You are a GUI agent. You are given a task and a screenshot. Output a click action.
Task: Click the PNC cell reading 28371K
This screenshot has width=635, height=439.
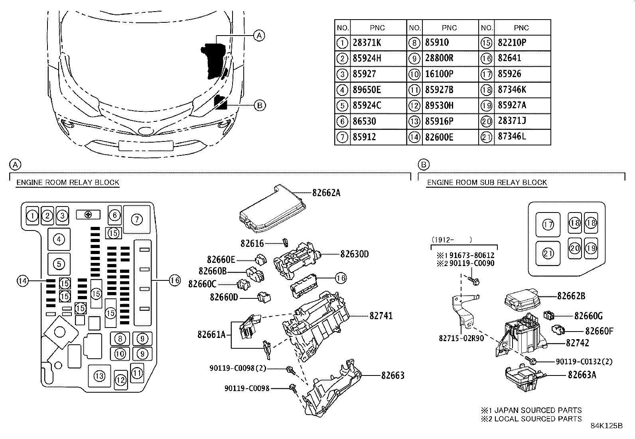click(367, 43)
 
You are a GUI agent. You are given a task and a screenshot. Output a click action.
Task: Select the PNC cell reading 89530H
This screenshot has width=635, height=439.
click(439, 105)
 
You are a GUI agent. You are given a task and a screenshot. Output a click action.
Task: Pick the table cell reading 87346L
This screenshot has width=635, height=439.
click(512, 137)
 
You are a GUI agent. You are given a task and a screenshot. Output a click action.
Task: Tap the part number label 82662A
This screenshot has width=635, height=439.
click(326, 193)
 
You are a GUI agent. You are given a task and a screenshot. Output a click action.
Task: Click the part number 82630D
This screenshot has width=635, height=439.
click(355, 254)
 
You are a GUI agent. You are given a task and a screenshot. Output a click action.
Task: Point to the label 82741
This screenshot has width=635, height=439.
click(381, 316)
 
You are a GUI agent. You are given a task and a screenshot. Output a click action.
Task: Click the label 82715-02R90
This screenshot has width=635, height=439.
click(461, 338)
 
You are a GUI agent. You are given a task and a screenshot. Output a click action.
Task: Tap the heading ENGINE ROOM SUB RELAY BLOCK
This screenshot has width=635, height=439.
click(487, 183)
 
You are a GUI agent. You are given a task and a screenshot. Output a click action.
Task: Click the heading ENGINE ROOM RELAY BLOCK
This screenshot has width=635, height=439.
click(68, 183)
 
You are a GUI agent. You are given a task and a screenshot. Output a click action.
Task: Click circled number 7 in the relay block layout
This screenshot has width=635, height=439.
click(136, 219)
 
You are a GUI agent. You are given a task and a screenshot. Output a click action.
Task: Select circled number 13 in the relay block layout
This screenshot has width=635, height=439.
click(99, 376)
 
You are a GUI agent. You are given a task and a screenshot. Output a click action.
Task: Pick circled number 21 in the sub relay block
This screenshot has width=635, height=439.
click(548, 254)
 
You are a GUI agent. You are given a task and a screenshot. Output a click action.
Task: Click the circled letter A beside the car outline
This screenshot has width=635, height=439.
click(259, 36)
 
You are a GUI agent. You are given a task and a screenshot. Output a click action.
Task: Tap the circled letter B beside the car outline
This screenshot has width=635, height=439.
click(259, 105)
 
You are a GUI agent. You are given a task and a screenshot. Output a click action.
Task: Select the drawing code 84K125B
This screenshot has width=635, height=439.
click(606, 425)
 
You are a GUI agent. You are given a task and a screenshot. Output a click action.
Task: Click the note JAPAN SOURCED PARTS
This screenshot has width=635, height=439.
click(531, 410)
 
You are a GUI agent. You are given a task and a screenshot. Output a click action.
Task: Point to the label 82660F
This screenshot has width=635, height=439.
click(599, 331)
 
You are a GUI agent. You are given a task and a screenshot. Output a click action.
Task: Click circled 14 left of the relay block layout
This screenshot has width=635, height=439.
click(22, 281)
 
